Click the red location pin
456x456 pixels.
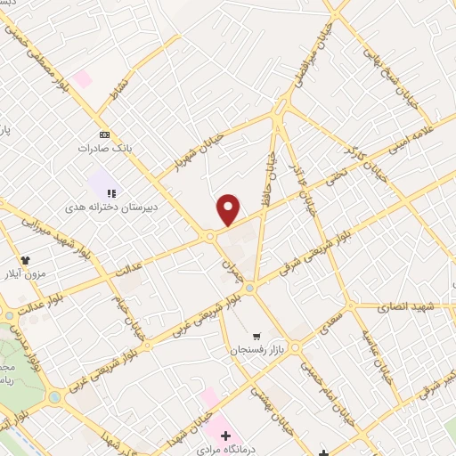229,209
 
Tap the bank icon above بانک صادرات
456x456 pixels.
105,134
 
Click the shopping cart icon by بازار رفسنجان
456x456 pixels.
256,337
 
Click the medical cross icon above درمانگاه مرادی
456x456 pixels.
226,436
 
